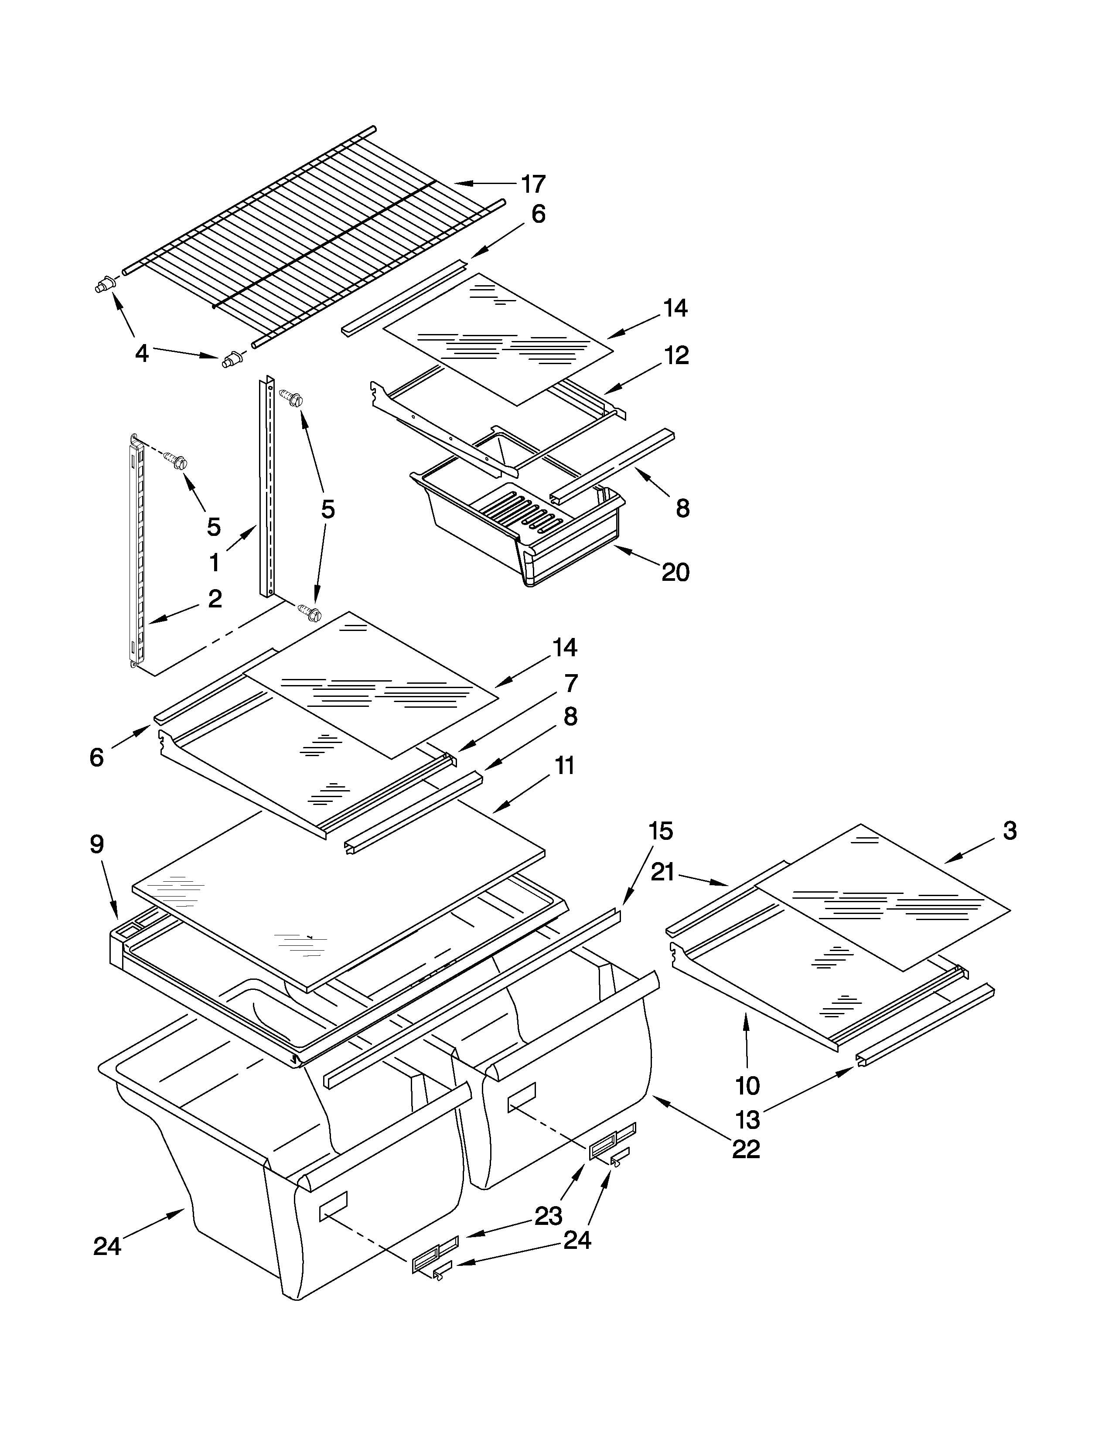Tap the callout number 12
point(676,355)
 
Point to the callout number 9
point(97,844)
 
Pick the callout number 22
point(746,1149)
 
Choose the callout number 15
point(660,832)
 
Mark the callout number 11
point(565,766)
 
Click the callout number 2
point(215,598)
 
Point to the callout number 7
point(570,683)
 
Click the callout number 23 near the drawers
point(548,1216)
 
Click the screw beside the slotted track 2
point(177,460)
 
